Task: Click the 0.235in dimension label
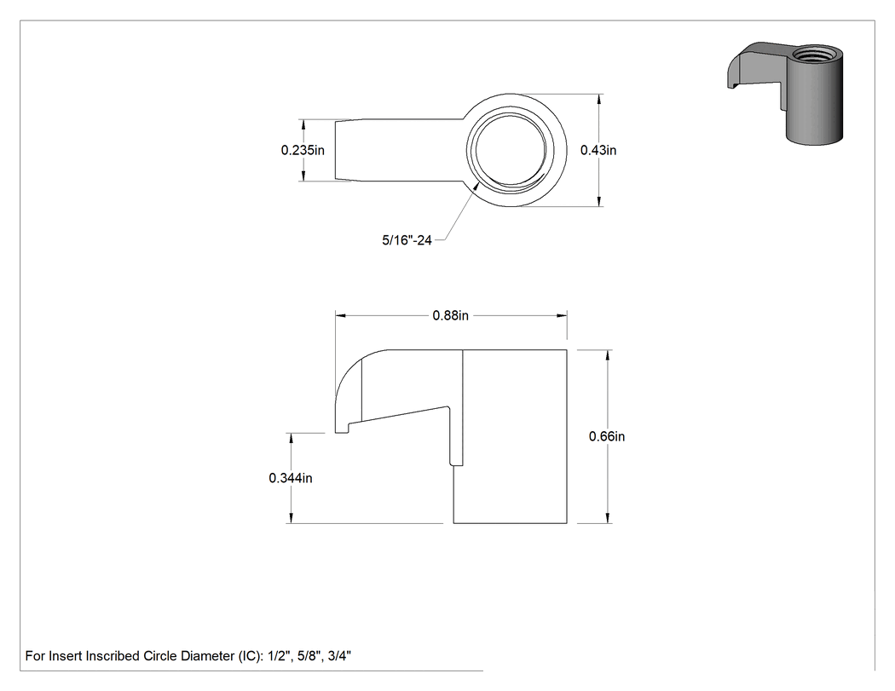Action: coord(303,150)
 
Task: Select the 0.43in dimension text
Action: coord(598,150)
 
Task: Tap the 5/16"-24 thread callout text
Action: coord(407,240)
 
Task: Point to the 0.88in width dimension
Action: coord(450,315)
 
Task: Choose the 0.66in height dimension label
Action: coord(607,436)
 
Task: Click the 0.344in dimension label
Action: coord(291,478)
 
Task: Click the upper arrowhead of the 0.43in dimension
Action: coord(598,100)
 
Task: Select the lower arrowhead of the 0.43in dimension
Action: coord(598,201)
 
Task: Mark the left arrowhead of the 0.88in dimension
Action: coord(341,315)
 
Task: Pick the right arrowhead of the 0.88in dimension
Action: coord(562,315)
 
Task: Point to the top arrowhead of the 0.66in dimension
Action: coord(608,355)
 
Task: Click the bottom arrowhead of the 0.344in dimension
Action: coord(292,517)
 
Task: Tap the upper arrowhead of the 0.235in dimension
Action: coord(303,125)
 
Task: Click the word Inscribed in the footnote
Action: coord(113,656)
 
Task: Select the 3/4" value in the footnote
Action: coord(339,655)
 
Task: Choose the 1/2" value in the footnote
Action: coord(279,655)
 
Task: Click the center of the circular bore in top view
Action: coord(510,149)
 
